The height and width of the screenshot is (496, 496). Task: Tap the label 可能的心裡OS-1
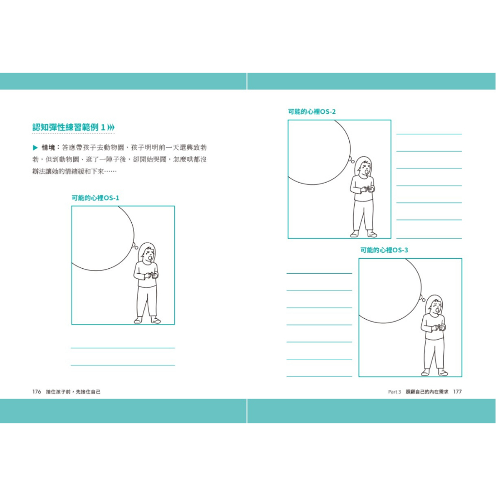95,198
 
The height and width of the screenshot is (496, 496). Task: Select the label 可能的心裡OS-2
311,112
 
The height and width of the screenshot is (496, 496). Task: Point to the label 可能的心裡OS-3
384,250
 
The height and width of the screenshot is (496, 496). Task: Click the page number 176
37,391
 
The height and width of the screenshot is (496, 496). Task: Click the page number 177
457,391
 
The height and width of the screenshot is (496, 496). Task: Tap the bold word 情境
48,148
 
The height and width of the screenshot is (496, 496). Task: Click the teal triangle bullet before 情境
35,148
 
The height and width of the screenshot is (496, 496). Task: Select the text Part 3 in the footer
394,391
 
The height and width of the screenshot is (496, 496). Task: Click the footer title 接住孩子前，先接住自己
74,391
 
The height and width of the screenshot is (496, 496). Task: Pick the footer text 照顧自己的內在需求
427,391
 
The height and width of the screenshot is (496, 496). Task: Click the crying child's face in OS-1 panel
150,255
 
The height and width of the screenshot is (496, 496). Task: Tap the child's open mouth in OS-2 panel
366,171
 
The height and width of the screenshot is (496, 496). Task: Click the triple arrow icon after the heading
111,127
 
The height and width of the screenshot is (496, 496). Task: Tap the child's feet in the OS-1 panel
147,320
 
